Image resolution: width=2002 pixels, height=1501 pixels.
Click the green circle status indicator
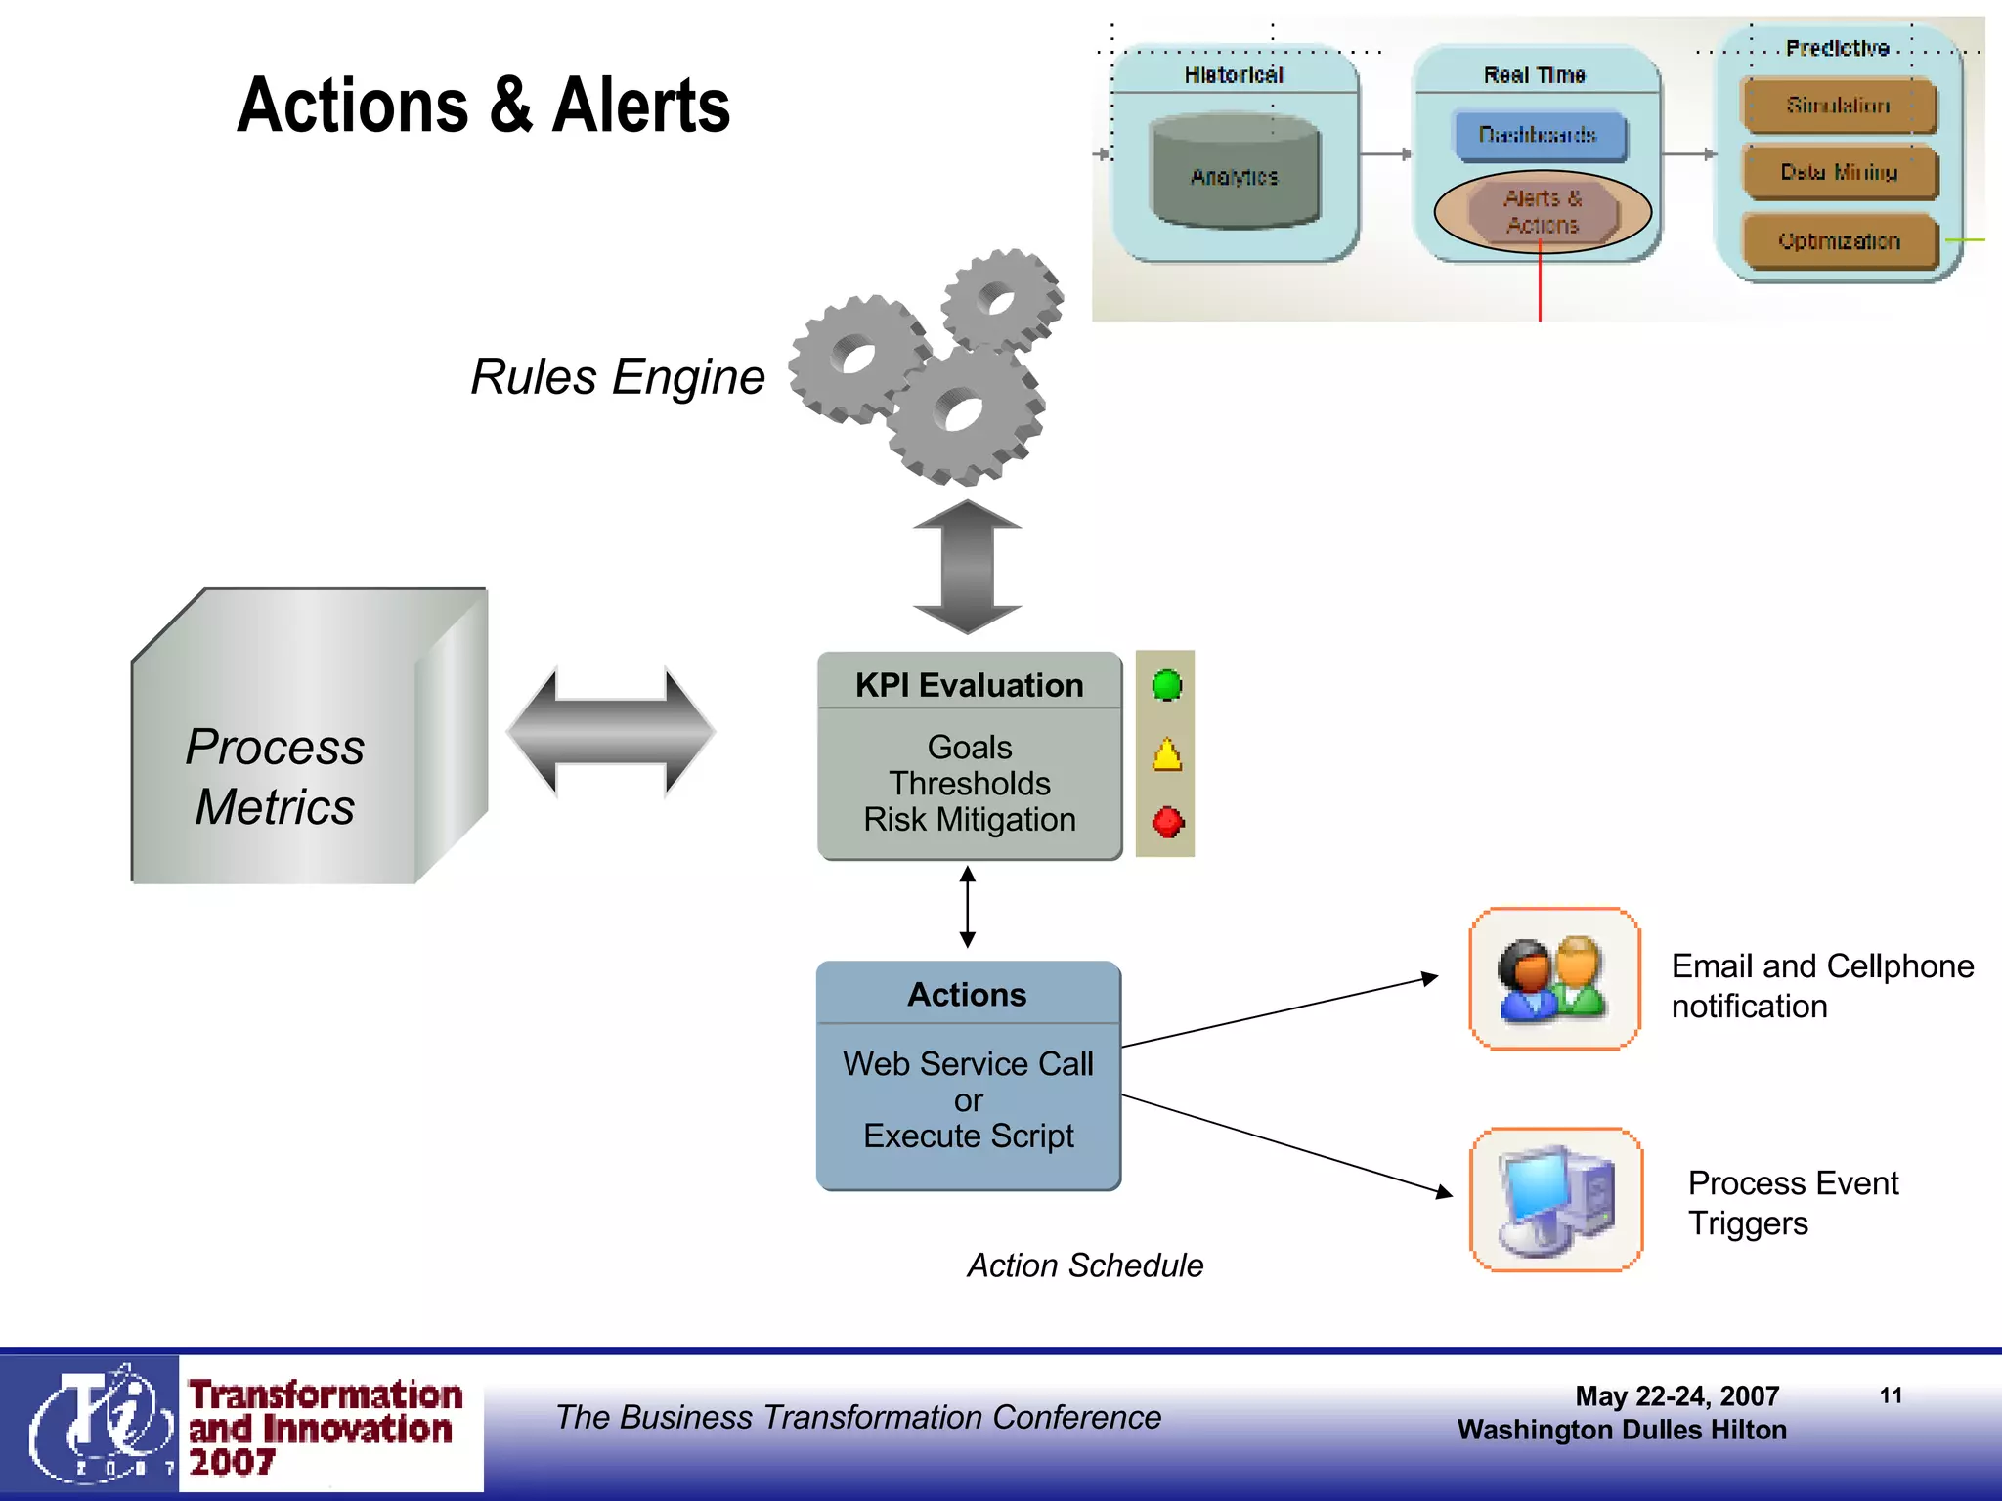(x=1166, y=685)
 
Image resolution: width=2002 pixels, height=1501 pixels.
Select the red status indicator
(x=1167, y=822)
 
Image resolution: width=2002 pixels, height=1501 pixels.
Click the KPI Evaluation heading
(x=969, y=685)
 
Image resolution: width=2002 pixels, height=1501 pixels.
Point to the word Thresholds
(x=969, y=784)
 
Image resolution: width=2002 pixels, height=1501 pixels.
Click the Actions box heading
(x=967, y=995)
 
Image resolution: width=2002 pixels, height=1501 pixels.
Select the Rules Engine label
(x=617, y=377)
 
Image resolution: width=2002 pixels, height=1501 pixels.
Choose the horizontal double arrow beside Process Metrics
(x=611, y=731)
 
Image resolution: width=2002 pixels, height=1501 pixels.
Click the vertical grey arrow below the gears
(x=967, y=567)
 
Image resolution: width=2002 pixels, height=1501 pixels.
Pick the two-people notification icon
(x=1553, y=979)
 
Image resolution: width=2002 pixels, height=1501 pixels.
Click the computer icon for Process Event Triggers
(x=1556, y=1200)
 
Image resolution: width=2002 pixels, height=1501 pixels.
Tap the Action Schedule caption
(x=1085, y=1265)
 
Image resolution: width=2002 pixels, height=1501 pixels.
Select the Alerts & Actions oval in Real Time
(x=1542, y=211)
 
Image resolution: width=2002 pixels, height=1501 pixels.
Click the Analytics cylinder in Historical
(x=1235, y=174)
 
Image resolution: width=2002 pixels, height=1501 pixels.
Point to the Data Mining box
(x=1839, y=173)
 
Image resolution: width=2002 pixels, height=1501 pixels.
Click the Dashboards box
(x=1539, y=135)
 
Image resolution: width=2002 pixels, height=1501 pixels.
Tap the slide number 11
(x=1891, y=1395)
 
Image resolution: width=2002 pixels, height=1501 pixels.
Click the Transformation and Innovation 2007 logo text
(x=326, y=1427)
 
